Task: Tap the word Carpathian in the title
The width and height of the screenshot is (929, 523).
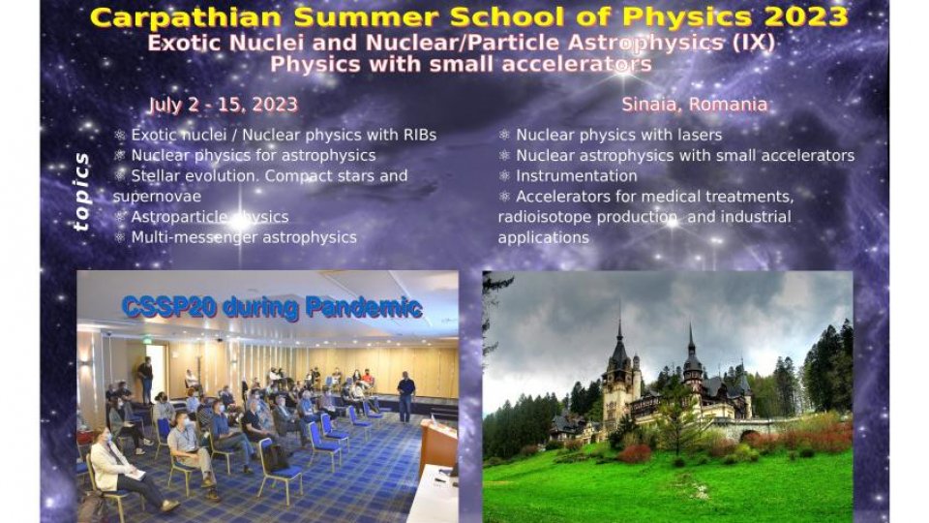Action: [x=186, y=17]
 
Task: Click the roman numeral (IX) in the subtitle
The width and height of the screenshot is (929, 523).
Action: [x=753, y=43]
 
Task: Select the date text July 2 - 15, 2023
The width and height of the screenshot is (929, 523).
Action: [x=223, y=105]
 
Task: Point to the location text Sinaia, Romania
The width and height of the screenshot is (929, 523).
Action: [x=695, y=105]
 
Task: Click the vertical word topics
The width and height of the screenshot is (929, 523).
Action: [x=81, y=192]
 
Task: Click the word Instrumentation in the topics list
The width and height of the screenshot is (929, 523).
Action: [x=577, y=176]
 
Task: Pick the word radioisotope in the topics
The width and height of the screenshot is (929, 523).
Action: [x=545, y=217]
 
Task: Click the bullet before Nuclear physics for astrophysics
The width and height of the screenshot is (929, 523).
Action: [x=120, y=155]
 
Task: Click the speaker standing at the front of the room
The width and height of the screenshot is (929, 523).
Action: [x=405, y=397]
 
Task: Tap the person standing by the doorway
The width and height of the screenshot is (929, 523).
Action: [x=145, y=379]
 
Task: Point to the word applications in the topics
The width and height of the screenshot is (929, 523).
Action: [x=543, y=238]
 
